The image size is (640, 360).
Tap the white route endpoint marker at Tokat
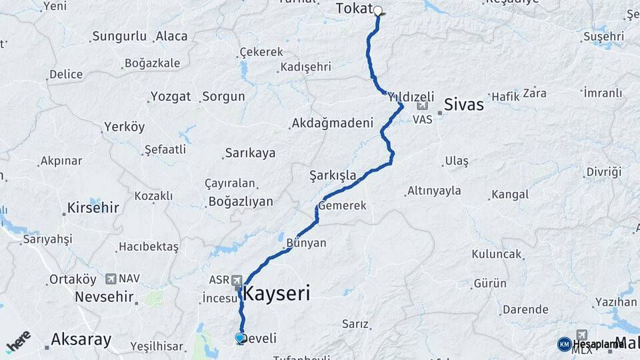tap(378, 11)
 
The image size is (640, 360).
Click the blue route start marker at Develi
tap(240, 338)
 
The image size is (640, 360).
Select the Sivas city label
tap(464, 105)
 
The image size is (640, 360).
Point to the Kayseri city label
tap(277, 293)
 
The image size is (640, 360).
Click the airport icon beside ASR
tap(237, 281)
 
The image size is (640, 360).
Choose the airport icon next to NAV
tap(110, 279)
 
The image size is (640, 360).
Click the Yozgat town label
tap(171, 97)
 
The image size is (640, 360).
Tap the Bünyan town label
tap(306, 243)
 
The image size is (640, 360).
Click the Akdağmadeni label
tap(331, 123)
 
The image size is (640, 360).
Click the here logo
tap(18, 341)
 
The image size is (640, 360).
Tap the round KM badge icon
tap(564, 344)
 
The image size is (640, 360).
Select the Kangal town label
tap(510, 195)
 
